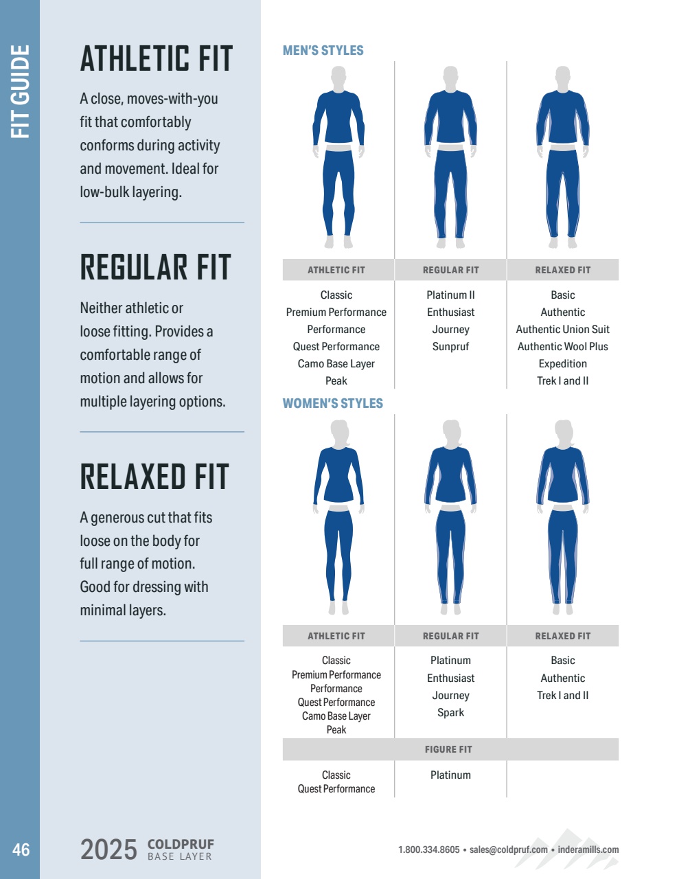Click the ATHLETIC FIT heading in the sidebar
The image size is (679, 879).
point(157,59)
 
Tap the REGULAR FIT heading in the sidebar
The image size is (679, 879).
point(156,268)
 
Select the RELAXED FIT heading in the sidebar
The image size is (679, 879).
point(154,477)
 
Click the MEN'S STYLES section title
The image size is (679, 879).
point(323,50)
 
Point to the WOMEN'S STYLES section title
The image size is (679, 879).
point(333,403)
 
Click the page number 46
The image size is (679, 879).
point(21,849)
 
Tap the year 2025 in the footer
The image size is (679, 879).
point(108,849)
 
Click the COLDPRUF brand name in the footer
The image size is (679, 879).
point(181,844)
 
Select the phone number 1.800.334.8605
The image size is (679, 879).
point(429,849)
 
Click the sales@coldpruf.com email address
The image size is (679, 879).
point(509,849)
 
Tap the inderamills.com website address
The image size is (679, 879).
point(588,849)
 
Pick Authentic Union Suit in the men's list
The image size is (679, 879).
point(562,330)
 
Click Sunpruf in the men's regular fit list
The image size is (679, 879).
point(450,347)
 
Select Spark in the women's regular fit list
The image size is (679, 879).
point(450,713)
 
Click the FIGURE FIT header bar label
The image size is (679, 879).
point(448,749)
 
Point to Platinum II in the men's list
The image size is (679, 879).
point(450,295)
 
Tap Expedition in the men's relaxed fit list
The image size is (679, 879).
point(562,364)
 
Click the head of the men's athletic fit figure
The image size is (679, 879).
point(338,77)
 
